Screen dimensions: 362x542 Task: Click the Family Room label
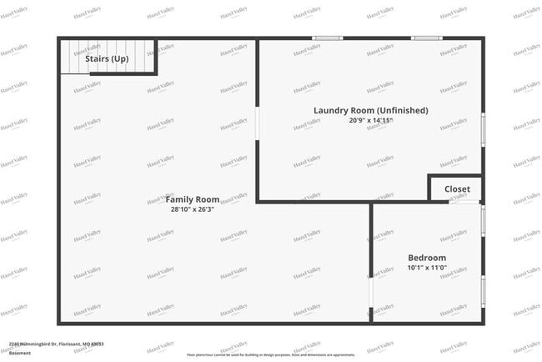(x=192, y=199)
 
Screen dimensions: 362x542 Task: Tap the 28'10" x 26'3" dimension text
(x=192, y=210)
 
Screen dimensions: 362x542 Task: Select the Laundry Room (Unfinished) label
(x=371, y=110)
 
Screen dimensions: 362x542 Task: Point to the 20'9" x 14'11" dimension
(x=371, y=121)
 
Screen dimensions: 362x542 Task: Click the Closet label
(x=457, y=189)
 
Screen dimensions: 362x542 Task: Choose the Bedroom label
(x=426, y=258)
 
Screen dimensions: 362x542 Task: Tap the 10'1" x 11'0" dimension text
(x=426, y=269)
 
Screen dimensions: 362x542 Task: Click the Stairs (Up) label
(x=107, y=59)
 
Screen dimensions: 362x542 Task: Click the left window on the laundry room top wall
(x=327, y=38)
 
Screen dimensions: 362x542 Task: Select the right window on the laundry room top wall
(x=426, y=38)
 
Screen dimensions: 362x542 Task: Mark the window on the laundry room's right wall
(x=484, y=131)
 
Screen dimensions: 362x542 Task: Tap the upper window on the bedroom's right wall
(x=484, y=224)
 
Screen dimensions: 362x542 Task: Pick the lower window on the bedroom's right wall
(x=484, y=289)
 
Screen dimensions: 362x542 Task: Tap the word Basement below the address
(x=20, y=352)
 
